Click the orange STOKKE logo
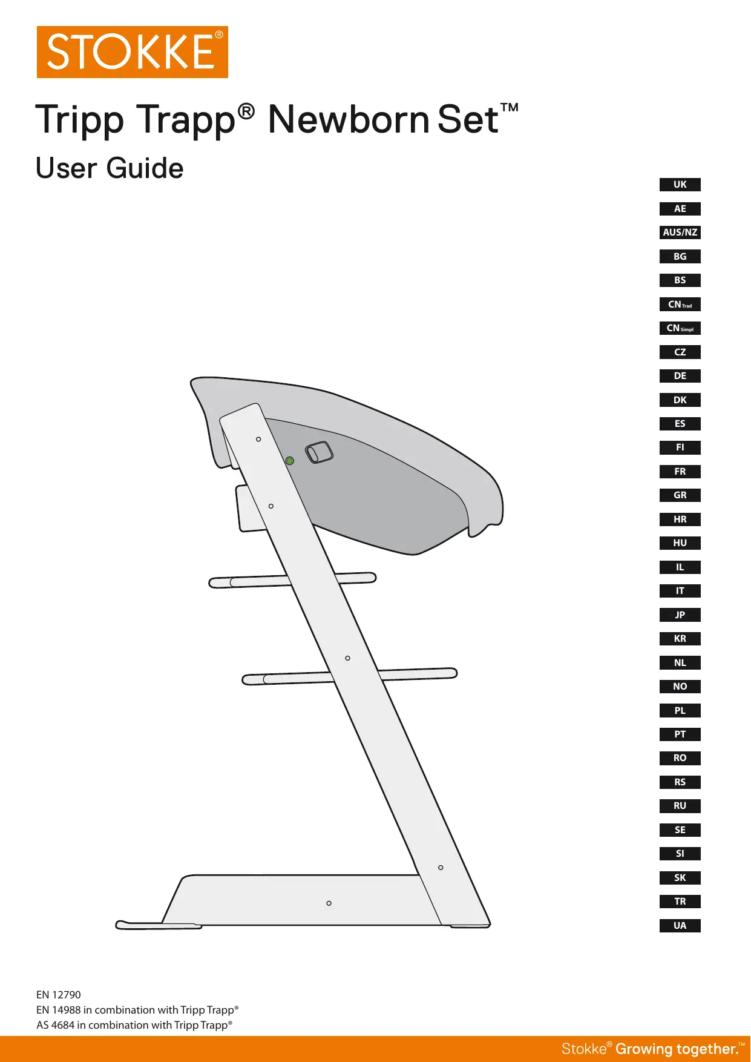pyautogui.click(x=132, y=52)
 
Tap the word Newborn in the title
pyautogui.click(x=349, y=119)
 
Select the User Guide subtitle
pyautogui.click(x=110, y=168)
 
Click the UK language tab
pyautogui.click(x=680, y=185)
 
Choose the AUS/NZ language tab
pyautogui.click(x=680, y=233)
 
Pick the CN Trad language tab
pyautogui.click(x=680, y=305)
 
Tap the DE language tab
pyautogui.click(x=680, y=376)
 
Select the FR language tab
pyautogui.click(x=680, y=472)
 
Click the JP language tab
pyautogui.click(x=680, y=615)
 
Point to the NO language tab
pyautogui.click(x=680, y=687)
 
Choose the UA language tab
pyautogui.click(x=680, y=926)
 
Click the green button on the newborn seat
pyautogui.click(x=290, y=461)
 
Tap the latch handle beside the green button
pyautogui.click(x=319, y=452)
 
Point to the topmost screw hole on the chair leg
pyautogui.click(x=258, y=439)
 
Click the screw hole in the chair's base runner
pyautogui.click(x=329, y=903)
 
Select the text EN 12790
pyautogui.click(x=59, y=995)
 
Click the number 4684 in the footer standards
pyautogui.click(x=62, y=1025)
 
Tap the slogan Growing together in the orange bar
pyautogui.click(x=677, y=1049)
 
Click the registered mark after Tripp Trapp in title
pyautogui.click(x=246, y=111)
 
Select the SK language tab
pyautogui.click(x=680, y=878)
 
